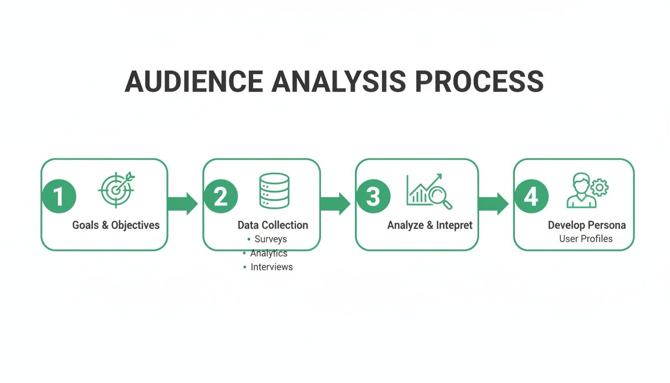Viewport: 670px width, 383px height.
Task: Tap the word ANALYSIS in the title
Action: coord(338,81)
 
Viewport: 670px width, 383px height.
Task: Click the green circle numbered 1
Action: coord(59,196)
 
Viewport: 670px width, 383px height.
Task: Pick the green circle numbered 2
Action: coord(220,196)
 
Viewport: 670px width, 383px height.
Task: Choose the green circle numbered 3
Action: coord(373,196)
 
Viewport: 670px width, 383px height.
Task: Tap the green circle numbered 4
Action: coord(531,196)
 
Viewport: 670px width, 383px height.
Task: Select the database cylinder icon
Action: coord(274,191)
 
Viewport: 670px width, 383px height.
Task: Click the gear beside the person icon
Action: coord(600,188)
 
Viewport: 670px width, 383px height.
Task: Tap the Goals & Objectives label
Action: coord(116,225)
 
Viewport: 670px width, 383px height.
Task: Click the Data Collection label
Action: coord(273,225)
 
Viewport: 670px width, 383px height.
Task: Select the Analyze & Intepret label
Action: coord(430,225)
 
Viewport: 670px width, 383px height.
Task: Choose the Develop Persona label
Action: coord(587,225)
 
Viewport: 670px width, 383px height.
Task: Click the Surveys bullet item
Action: coord(270,239)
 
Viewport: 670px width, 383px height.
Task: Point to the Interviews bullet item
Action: coord(271,267)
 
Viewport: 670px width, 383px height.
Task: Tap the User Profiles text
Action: coord(586,239)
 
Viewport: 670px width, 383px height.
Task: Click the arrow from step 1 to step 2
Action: coord(183,203)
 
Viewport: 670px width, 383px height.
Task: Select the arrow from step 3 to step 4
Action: coord(493,203)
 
